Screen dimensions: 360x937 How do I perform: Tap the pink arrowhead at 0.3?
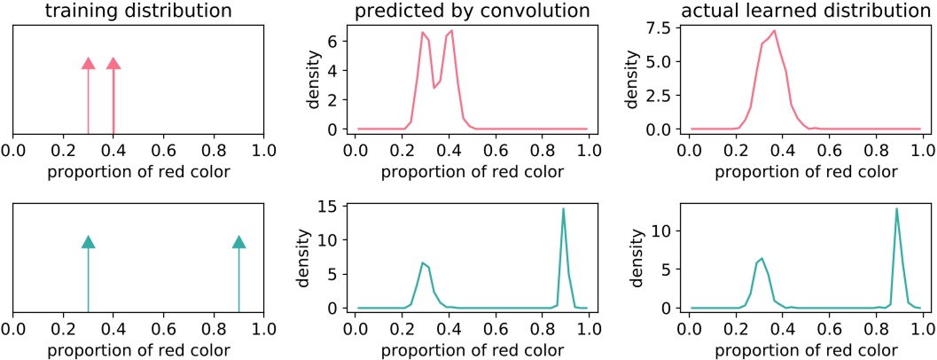88,63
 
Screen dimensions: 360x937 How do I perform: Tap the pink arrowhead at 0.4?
113,63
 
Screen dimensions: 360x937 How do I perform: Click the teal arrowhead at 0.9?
238,242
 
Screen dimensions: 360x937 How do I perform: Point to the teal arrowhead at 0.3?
88,242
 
